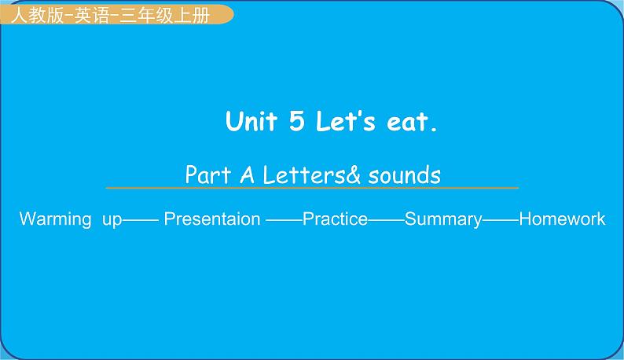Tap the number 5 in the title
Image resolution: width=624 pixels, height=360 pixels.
[x=296, y=123]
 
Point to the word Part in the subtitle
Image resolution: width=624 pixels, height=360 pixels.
[x=206, y=174]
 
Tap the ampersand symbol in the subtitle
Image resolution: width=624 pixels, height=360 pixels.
[x=353, y=174]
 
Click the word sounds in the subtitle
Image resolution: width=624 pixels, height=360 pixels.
[x=404, y=174]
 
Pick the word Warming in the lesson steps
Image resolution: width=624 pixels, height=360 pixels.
[x=55, y=219]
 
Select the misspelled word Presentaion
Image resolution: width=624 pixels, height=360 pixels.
[x=211, y=219]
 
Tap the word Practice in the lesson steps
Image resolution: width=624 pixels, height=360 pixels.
[x=335, y=219]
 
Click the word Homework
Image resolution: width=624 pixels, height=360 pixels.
[x=562, y=219]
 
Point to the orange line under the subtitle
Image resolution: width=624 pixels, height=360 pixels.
[x=312, y=189]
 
